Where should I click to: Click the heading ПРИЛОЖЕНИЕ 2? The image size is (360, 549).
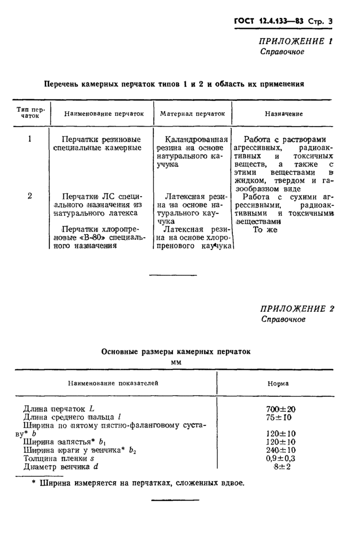297,309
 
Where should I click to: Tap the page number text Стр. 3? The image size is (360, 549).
320,21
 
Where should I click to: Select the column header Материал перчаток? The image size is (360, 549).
192,114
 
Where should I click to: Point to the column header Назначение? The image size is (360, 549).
283,114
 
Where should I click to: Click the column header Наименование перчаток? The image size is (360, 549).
104,114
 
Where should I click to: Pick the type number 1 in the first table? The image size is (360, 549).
30,139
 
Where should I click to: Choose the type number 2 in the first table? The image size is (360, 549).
30,196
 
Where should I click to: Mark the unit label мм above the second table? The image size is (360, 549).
176,362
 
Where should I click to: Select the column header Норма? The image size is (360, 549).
278,383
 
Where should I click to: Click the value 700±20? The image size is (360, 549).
281,409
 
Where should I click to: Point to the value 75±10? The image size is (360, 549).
281,417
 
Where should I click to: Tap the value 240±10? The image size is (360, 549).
281,450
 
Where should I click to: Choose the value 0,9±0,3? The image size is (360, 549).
281,458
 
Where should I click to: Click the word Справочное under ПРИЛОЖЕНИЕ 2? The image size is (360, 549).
283,320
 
